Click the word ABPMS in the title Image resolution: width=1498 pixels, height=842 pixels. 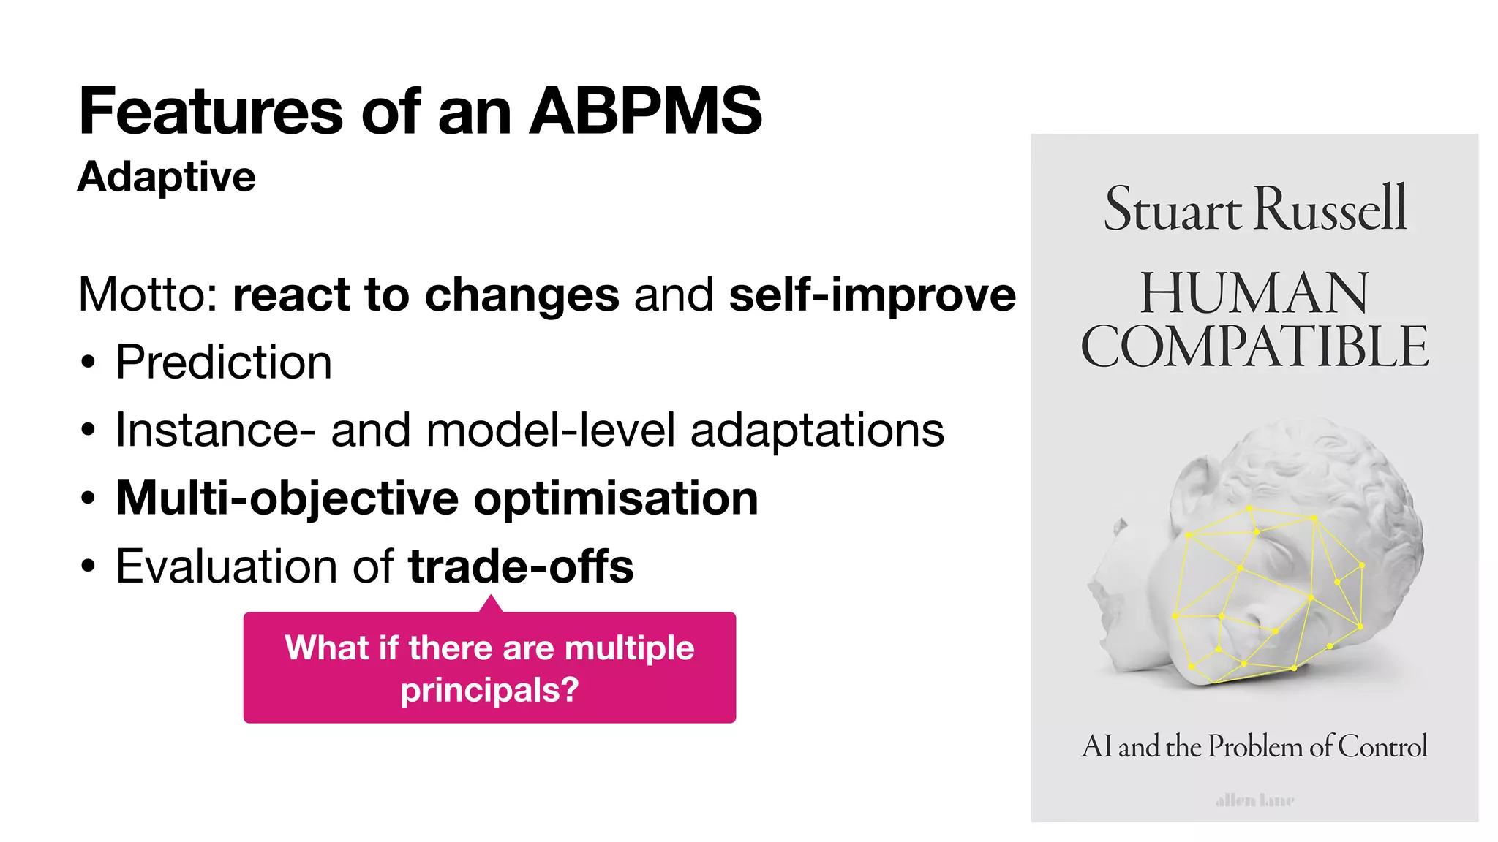[x=646, y=111]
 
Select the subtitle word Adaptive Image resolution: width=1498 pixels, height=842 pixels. [x=167, y=177]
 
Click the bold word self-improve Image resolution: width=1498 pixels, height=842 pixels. [x=872, y=295]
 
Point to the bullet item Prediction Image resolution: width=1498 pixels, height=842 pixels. [x=224, y=362]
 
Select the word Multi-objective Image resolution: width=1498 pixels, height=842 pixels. [x=287, y=498]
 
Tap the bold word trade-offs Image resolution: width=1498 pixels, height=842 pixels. [x=521, y=566]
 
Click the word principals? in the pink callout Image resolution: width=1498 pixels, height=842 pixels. [x=489, y=690]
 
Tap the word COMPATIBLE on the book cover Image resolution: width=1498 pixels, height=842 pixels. [x=1254, y=347]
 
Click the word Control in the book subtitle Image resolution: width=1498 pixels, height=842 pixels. [x=1382, y=746]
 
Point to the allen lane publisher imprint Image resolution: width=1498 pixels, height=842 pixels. [x=1254, y=800]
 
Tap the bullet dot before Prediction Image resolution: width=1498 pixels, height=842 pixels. [x=89, y=363]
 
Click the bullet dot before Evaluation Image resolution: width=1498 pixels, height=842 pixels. [x=89, y=567]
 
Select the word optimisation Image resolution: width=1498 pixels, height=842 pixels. [x=616, y=498]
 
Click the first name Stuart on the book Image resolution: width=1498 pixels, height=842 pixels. [x=1173, y=209]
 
